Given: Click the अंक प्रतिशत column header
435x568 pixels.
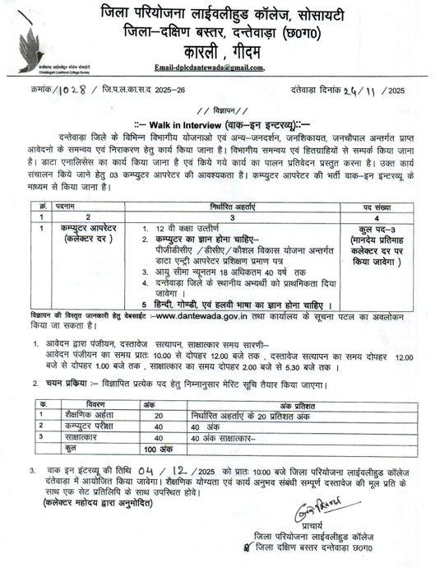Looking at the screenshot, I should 295,404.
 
